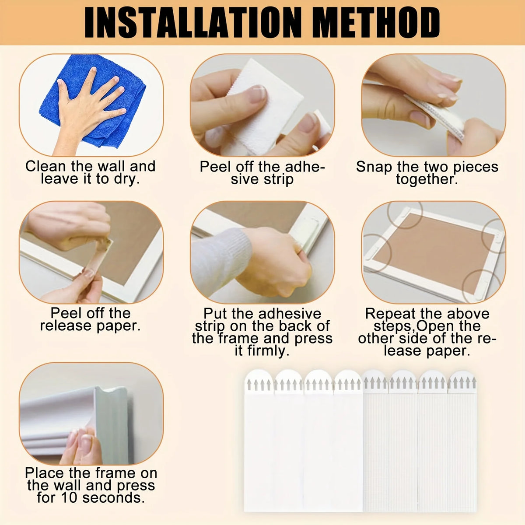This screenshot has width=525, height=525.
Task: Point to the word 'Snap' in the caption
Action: tap(374, 167)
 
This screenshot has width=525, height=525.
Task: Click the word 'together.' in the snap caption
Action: tap(427, 179)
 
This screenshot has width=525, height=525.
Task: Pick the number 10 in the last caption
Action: tap(70, 498)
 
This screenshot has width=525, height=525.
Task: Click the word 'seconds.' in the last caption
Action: tap(113, 498)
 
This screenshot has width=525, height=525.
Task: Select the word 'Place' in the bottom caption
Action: tap(45, 473)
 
